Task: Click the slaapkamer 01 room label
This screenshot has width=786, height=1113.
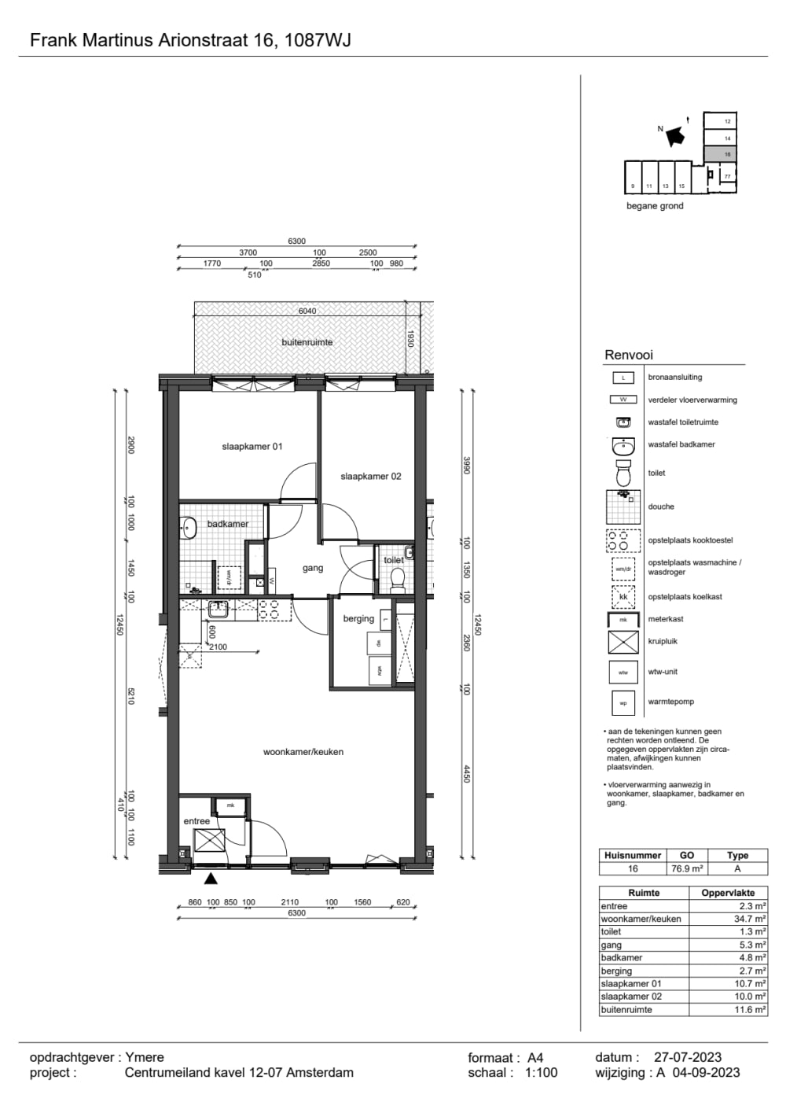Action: tap(252, 447)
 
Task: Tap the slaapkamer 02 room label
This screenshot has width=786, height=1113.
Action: tap(370, 477)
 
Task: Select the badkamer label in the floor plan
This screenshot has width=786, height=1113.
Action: tap(227, 524)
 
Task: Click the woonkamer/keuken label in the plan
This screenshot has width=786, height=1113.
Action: tap(303, 752)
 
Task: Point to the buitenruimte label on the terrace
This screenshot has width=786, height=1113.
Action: tap(307, 343)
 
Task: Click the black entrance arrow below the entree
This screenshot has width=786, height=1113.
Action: tap(211, 879)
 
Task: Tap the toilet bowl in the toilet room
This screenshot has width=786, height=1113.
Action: tap(397, 580)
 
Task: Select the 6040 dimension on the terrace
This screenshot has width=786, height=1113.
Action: tap(307, 311)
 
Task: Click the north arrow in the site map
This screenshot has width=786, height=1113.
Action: tap(674, 137)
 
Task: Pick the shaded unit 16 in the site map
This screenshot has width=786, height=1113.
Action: tap(719, 155)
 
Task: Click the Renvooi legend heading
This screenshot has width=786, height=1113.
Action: tap(628, 355)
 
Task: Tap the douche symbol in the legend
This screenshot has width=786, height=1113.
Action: tap(623, 507)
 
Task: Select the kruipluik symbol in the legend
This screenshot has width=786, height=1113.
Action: tap(623, 642)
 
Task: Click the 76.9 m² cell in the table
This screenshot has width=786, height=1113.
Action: tap(686, 869)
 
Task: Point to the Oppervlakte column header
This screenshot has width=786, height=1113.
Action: tap(728, 893)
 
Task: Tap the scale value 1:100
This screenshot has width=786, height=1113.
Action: tap(541, 1073)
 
